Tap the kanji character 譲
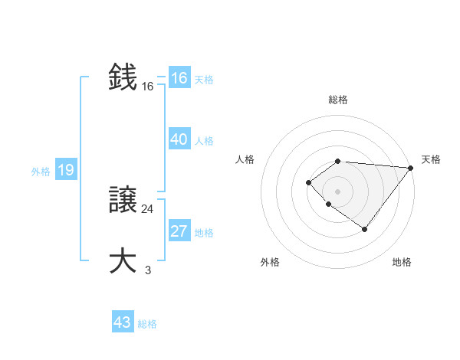click(x=123, y=201)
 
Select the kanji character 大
click(x=123, y=260)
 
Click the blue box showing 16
click(x=179, y=79)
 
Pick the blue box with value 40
click(x=179, y=139)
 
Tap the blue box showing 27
click(x=179, y=231)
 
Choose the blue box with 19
click(x=65, y=170)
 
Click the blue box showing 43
click(x=123, y=322)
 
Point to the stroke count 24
click(x=147, y=208)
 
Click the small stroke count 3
click(x=147, y=270)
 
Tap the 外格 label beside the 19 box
click(x=41, y=172)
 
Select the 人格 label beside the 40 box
click(x=204, y=141)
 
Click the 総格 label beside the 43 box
click(x=147, y=324)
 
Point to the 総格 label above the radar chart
click(x=337, y=100)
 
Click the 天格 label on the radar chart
click(x=431, y=159)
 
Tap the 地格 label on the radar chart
click(x=402, y=262)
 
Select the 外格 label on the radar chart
click(x=270, y=262)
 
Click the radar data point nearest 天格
click(x=411, y=168)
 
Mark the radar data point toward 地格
click(x=364, y=229)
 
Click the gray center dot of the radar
click(x=337, y=191)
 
